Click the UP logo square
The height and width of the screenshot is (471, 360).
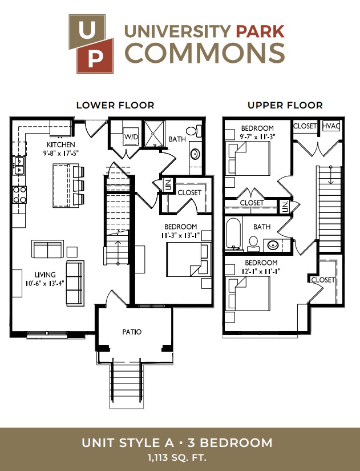click(91, 44)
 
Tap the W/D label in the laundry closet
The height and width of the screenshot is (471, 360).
click(131, 137)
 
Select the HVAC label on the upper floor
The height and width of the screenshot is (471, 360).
click(331, 126)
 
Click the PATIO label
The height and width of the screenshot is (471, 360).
click(132, 332)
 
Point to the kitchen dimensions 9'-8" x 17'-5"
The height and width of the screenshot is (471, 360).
click(60, 153)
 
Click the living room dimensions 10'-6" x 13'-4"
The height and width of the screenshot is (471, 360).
click(45, 283)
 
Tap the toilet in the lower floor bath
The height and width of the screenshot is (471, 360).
click(193, 131)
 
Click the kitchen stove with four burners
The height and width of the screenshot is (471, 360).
click(19, 195)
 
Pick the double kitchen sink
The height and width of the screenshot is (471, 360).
click(18, 165)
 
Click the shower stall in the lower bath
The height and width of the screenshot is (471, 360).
click(155, 134)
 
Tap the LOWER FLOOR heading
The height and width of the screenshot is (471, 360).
click(115, 106)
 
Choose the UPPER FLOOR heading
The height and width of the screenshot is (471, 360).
click(285, 106)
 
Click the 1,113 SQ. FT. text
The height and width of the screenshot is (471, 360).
click(177, 458)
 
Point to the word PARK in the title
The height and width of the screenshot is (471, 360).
click(260, 31)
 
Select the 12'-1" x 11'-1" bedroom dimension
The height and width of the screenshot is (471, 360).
click(260, 271)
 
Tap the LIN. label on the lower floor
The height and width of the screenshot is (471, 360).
click(168, 185)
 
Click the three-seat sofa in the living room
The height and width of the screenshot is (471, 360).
click(75, 283)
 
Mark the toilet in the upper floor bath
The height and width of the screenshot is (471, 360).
click(253, 244)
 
